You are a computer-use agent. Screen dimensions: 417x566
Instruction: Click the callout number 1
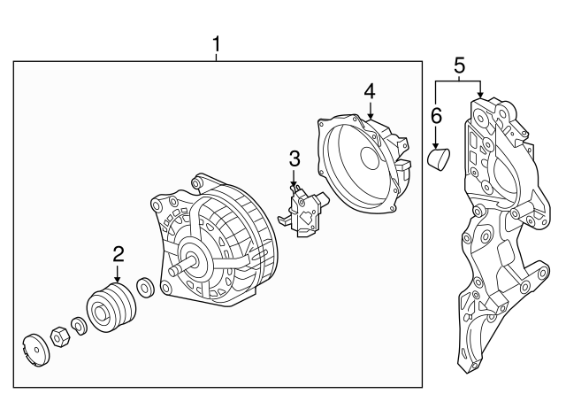click(x=217, y=42)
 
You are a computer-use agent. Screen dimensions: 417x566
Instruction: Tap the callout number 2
click(x=119, y=254)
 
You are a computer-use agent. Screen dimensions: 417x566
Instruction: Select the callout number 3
click(x=294, y=159)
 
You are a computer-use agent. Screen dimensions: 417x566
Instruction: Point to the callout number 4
click(x=370, y=90)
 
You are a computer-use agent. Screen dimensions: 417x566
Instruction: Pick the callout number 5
click(x=458, y=65)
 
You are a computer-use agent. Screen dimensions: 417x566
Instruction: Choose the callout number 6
click(x=435, y=115)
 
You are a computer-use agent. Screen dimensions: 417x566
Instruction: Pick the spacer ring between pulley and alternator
click(x=147, y=290)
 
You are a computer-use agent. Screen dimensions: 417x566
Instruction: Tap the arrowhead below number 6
click(x=435, y=143)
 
